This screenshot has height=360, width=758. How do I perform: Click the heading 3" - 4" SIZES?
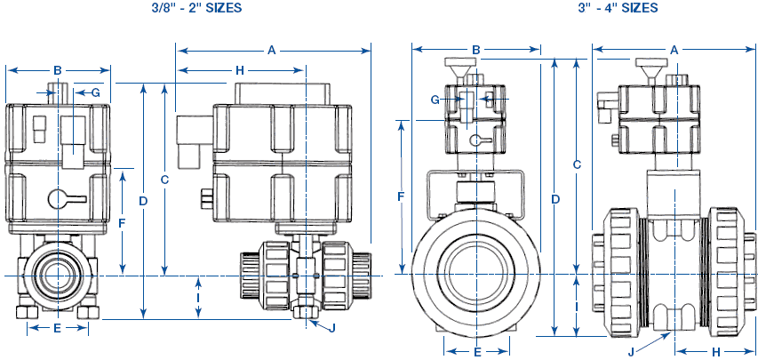(614, 8)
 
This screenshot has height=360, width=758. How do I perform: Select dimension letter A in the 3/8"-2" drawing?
(272, 51)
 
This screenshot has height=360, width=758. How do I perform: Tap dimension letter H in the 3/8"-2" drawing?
(239, 69)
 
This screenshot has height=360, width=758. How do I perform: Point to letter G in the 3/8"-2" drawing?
(95, 92)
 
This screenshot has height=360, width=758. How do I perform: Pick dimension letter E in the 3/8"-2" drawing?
(57, 328)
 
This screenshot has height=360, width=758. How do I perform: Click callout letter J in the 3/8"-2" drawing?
(331, 328)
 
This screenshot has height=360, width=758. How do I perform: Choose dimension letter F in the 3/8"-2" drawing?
(122, 222)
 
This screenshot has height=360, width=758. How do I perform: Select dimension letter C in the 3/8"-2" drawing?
(164, 179)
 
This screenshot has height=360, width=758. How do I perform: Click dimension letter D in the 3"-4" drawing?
(555, 198)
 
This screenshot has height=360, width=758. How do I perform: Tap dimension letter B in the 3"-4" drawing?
(475, 50)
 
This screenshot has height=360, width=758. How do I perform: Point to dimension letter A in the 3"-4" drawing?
(674, 50)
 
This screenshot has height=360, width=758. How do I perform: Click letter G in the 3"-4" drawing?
(435, 100)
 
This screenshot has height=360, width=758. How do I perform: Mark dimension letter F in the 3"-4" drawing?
(401, 195)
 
